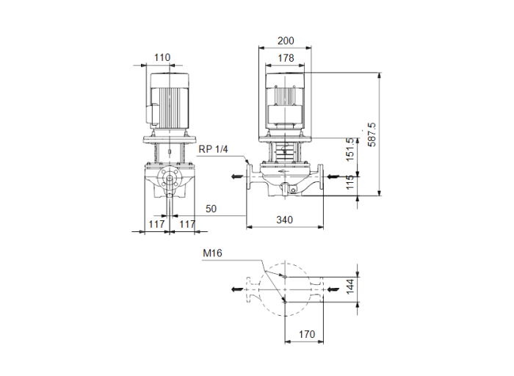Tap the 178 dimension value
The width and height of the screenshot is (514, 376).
(285, 57)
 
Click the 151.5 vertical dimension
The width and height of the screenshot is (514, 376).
(350, 149)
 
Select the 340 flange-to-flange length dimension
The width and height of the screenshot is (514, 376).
(286, 220)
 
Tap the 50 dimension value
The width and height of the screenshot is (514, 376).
(211, 209)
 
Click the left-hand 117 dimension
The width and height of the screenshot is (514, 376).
(155, 223)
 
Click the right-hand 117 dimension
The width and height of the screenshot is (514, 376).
(187, 223)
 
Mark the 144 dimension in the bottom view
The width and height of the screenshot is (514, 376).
(351, 284)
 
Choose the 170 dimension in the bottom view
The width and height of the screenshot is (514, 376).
(307, 335)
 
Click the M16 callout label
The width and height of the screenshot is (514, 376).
(212, 254)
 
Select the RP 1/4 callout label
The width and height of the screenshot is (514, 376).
(214, 149)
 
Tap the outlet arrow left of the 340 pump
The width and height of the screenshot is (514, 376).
(236, 176)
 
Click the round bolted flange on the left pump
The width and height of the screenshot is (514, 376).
(170, 178)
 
